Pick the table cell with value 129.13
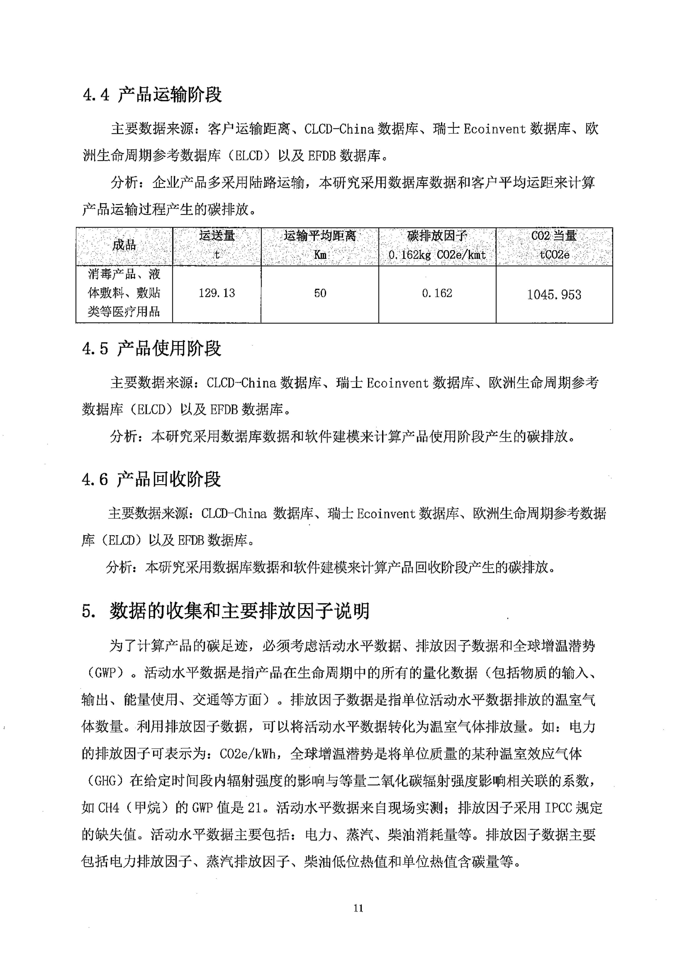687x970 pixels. coord(217,293)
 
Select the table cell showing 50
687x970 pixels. coord(320,293)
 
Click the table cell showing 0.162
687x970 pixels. coord(437,293)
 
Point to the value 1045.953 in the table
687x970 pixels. coord(554,295)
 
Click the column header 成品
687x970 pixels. coord(124,245)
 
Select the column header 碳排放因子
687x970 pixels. coord(437,236)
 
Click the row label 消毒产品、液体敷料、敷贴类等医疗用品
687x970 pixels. coord(124,293)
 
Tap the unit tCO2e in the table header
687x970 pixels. coord(554,255)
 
